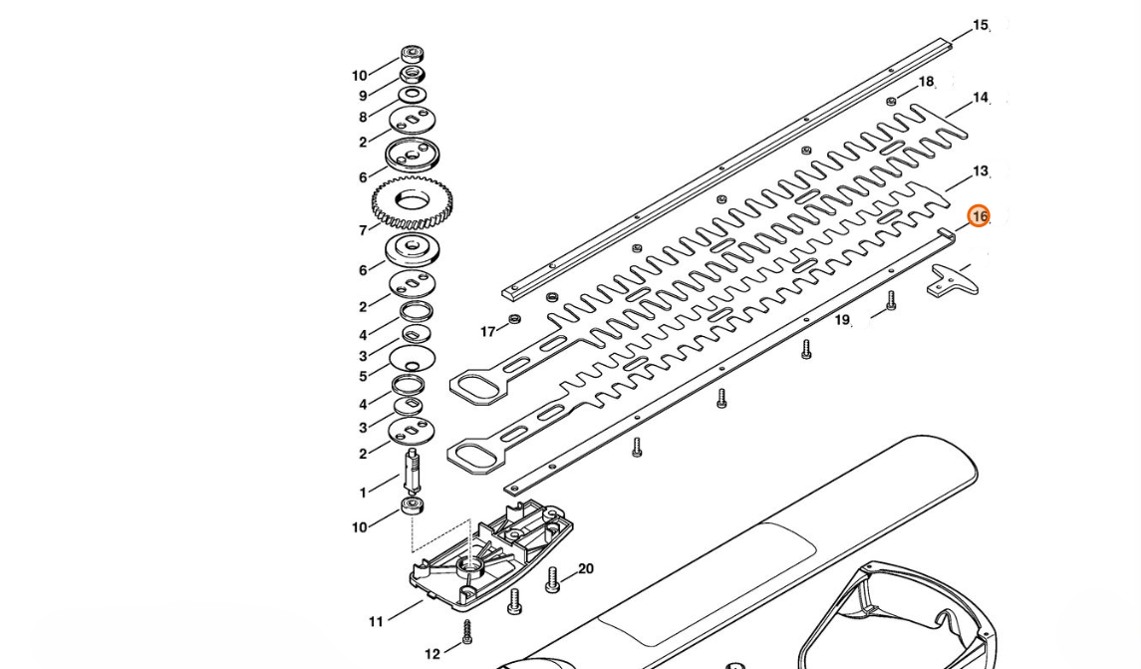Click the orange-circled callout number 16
point(979,216)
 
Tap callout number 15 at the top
point(981,26)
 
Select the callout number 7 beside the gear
point(363,231)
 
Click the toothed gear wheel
point(412,202)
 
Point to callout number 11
point(376,622)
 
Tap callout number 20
point(586,569)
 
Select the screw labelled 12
point(466,631)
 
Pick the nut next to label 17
point(514,319)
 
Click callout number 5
point(363,376)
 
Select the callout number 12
point(431,654)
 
